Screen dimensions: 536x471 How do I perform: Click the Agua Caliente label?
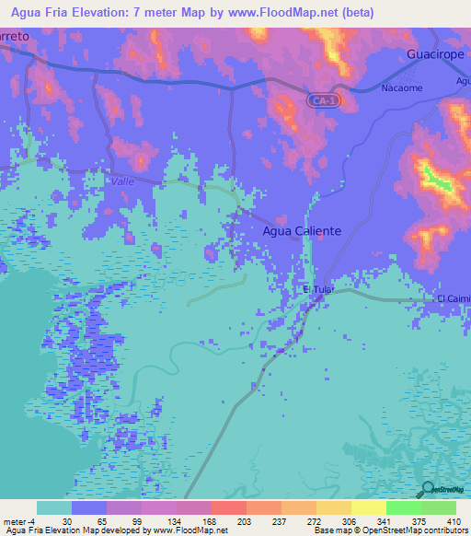point(303,231)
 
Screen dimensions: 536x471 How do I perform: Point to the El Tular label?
point(317,289)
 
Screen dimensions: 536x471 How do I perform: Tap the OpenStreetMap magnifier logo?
point(428,490)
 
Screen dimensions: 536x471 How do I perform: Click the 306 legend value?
point(347,520)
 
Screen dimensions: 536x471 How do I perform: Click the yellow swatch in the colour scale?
point(368,507)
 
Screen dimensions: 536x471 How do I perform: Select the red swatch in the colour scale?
point(228,507)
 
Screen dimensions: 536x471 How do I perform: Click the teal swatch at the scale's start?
point(53,507)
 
